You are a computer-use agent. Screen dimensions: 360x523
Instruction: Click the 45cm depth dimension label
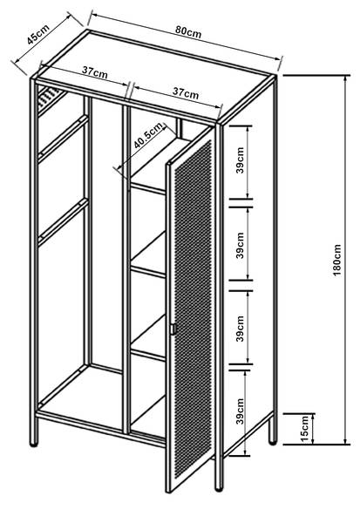coord(38,34)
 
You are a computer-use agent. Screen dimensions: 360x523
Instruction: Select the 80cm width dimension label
coord(188,31)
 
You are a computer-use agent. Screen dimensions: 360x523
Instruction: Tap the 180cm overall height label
coord(337,260)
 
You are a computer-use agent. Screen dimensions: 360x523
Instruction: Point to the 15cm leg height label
coord(305,429)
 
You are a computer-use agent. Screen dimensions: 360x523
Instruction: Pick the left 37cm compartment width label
coord(95,72)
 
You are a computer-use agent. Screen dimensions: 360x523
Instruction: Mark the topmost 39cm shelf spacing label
coord(241,160)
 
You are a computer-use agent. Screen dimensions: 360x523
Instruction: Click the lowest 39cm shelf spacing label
coord(240,411)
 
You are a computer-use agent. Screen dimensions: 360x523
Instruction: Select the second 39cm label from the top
coord(241,246)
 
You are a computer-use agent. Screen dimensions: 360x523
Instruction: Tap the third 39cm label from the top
coord(241,329)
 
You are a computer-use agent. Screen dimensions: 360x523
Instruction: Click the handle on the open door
coord(173,329)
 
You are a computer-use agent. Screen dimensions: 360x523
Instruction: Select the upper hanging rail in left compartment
coord(64,139)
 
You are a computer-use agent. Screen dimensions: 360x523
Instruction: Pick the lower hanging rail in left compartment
coord(64,222)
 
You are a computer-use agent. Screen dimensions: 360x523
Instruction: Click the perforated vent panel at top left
coord(50,99)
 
